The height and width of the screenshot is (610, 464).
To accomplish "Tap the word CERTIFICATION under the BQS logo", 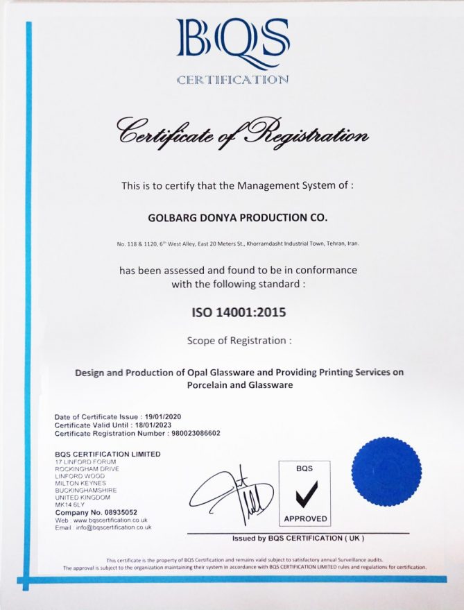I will (x=232, y=80).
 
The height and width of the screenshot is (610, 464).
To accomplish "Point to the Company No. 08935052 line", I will (x=96, y=512).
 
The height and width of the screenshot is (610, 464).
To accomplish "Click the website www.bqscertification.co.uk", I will (x=110, y=520).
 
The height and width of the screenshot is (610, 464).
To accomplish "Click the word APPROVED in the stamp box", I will (x=304, y=518).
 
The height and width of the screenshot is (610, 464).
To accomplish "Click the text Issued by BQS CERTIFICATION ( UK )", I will (x=298, y=539).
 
